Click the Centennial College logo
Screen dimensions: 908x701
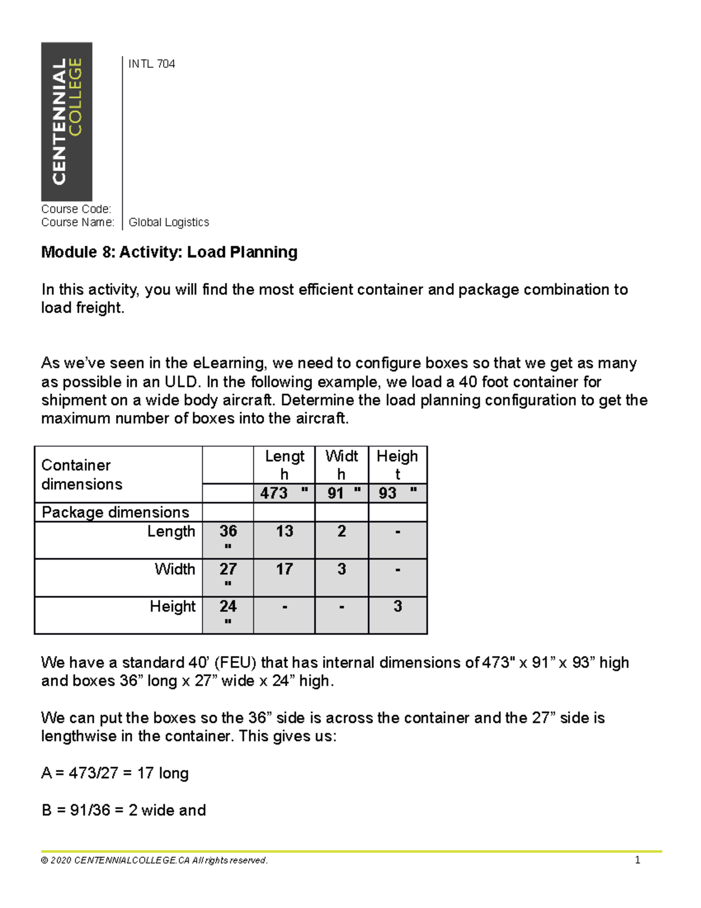click(67, 122)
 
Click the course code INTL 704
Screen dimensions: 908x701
click(151, 64)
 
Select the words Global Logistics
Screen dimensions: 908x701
click(168, 222)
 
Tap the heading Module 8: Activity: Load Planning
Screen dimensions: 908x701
click(169, 252)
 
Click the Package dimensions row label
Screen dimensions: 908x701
click(116, 512)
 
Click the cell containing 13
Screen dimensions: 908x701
click(284, 531)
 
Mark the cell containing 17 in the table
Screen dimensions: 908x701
click(284, 569)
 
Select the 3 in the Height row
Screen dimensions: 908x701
click(398, 606)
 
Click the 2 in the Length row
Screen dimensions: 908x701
click(342, 531)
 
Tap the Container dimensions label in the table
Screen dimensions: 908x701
click(82, 474)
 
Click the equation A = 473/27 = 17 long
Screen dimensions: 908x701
click(114, 773)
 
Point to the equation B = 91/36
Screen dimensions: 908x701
click(123, 810)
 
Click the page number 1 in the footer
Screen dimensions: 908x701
click(637, 860)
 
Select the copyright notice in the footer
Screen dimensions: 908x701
click(154, 860)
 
